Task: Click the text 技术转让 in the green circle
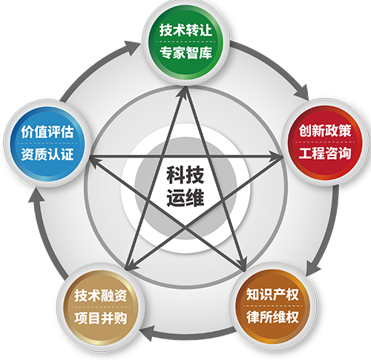tap(185, 30)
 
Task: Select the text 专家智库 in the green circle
tap(185, 53)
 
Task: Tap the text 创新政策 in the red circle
tap(325, 131)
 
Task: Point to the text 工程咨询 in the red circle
tap(325, 153)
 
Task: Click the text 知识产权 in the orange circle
tap(272, 295)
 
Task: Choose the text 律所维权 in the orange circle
tap(272, 317)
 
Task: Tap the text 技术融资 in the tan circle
tap(101, 295)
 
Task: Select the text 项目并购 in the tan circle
tap(101, 318)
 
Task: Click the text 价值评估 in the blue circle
tap(47, 131)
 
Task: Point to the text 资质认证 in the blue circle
tap(47, 154)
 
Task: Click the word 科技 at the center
tap(185, 174)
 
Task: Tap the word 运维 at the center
tap(185, 197)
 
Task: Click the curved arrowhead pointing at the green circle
tap(132, 47)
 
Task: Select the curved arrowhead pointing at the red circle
tap(301, 93)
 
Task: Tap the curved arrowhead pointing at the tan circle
tap(147, 333)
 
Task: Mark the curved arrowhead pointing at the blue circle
tap(36, 196)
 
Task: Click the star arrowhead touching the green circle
tap(185, 92)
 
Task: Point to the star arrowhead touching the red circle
tap(276, 157)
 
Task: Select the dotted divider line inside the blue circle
tap(47, 143)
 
